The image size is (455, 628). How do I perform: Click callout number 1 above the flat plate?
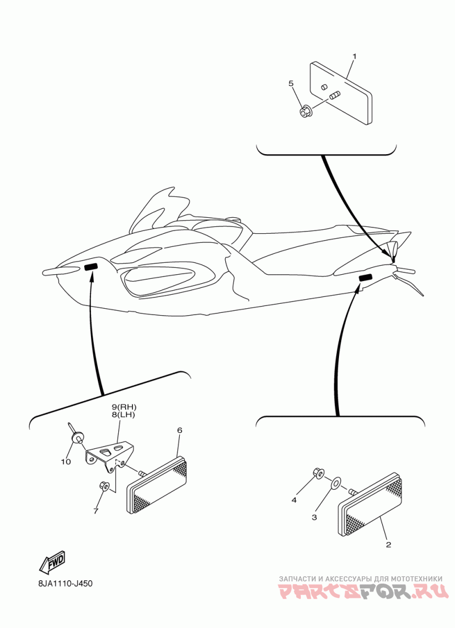point(354,56)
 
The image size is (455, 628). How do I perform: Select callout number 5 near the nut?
point(291,84)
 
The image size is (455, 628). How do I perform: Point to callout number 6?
point(180,430)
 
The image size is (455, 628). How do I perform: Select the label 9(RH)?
point(124,407)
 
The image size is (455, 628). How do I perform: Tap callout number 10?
point(66,461)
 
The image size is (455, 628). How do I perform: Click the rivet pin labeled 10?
point(77,435)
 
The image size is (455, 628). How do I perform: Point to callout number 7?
point(96,511)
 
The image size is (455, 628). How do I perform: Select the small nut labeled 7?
point(104,486)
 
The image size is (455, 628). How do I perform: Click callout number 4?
point(294,500)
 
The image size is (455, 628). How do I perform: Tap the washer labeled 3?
point(336,484)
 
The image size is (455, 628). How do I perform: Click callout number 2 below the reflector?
point(388,544)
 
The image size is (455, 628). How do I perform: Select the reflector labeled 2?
point(370,504)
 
